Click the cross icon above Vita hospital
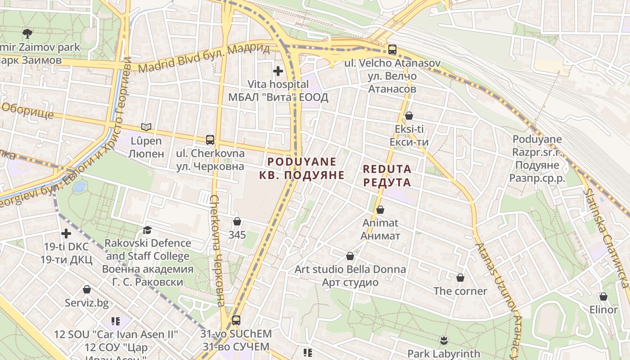(278, 71)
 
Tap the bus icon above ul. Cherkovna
(210, 140)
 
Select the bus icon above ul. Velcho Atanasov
(392, 49)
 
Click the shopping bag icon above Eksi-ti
(409, 116)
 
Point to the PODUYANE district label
(302, 168)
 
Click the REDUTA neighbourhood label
(387, 175)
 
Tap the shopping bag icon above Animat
(380, 210)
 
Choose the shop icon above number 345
(237, 222)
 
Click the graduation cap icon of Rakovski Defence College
(147, 230)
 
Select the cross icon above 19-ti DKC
(66, 234)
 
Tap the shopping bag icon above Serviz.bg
(87, 290)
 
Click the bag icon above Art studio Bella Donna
(350, 256)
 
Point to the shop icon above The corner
(460, 278)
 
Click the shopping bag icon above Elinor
(603, 297)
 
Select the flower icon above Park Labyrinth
(444, 341)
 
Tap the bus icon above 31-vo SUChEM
(236, 321)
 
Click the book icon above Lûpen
(146, 127)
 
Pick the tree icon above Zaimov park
(27, 33)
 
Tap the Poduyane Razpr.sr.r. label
(537, 158)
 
